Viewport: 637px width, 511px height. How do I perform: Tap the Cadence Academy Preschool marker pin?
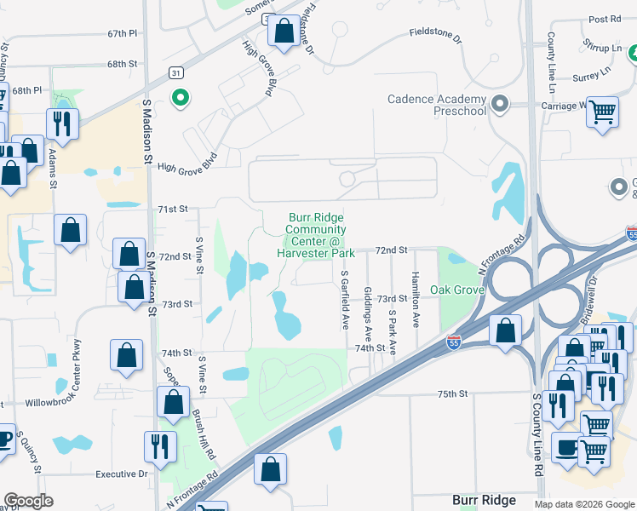point(500,105)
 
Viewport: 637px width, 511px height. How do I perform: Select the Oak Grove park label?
point(457,290)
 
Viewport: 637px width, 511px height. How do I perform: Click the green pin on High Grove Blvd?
point(180,98)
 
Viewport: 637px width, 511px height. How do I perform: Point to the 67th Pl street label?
point(123,33)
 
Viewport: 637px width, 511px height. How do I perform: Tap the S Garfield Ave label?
point(345,300)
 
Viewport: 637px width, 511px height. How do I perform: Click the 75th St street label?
point(453,394)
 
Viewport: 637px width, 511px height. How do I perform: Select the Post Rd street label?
point(605,19)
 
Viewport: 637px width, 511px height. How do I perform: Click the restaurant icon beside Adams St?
point(61,123)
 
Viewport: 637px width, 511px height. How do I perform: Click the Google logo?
point(28,501)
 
